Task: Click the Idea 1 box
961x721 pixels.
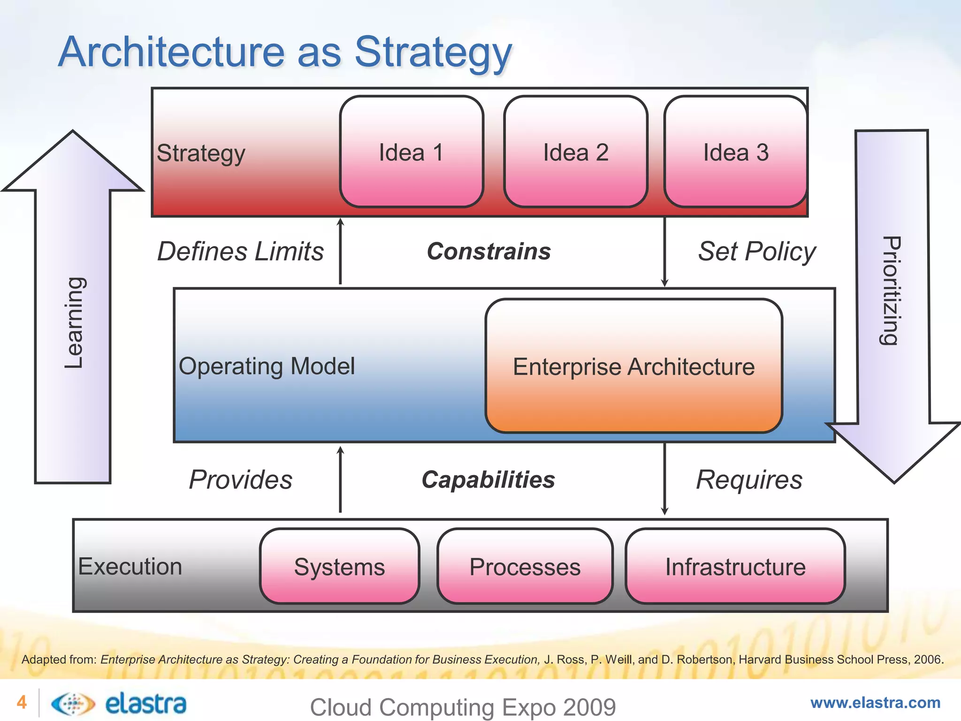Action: (412, 152)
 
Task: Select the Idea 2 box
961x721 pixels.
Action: (576, 152)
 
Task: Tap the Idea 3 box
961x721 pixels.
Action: (735, 152)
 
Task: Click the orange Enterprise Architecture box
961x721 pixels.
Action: (633, 366)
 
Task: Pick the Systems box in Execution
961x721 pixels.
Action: (339, 567)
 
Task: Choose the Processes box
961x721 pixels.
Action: (525, 567)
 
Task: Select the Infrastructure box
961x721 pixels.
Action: (735, 567)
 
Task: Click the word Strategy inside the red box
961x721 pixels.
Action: (201, 153)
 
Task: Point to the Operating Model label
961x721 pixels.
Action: (267, 366)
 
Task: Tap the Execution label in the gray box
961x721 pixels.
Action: (130, 566)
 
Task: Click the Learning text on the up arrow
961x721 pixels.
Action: (74, 323)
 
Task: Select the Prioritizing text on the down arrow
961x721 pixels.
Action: (890, 291)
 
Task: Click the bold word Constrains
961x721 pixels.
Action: (488, 251)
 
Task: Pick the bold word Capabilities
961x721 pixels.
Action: (488, 480)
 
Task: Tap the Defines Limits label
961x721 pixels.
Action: (240, 251)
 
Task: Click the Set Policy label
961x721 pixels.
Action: (757, 251)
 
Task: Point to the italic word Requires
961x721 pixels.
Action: (749, 480)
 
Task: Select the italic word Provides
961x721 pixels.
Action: (240, 480)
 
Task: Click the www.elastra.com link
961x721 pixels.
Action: (875, 703)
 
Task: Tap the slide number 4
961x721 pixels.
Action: (22, 702)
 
